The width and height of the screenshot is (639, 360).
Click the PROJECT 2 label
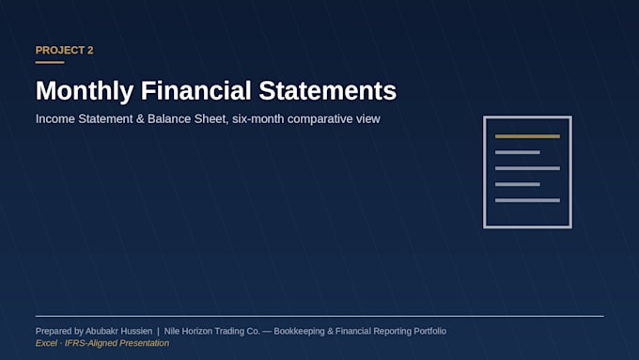[x=65, y=50]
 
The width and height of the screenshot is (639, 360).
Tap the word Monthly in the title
[x=85, y=91]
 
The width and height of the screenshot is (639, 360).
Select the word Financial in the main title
[x=196, y=90]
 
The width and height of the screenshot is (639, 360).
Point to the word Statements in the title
[x=328, y=90]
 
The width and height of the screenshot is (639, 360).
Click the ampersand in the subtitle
[x=140, y=119]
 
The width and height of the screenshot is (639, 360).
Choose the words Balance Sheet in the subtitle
[x=187, y=119]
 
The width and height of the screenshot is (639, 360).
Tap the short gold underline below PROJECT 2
[x=50, y=62]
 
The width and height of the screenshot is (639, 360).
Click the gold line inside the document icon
[x=527, y=136]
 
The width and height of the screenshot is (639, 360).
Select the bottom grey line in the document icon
[x=527, y=200]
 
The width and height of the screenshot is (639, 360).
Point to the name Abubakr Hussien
[x=118, y=331]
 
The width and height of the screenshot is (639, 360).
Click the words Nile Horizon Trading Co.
[x=212, y=331]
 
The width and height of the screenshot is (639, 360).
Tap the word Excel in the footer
[x=46, y=343]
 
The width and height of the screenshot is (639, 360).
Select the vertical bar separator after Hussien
[x=158, y=332]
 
